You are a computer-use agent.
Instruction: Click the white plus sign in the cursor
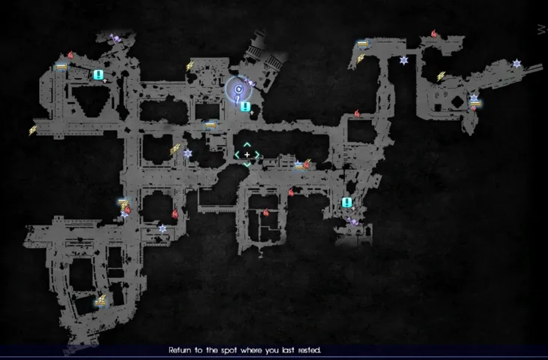247,155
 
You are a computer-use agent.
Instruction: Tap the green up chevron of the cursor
247,145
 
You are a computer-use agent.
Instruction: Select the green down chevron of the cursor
247,165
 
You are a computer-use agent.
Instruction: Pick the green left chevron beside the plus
238,155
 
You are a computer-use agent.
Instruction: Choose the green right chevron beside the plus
257,155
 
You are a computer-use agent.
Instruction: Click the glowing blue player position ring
238,89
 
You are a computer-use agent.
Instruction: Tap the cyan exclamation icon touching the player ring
246,107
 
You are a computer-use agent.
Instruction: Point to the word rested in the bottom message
310,350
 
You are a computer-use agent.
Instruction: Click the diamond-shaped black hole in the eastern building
458,102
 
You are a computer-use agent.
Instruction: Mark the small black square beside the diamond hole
437,107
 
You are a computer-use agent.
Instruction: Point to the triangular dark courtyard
92,100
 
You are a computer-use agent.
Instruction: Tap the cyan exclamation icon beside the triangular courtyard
98,74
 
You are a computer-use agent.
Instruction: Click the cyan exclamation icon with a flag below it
347,202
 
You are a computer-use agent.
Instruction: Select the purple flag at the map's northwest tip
115,38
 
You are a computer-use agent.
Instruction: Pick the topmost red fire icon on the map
434,34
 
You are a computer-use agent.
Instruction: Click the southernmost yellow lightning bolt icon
101,300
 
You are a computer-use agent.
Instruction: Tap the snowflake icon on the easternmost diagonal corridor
516,64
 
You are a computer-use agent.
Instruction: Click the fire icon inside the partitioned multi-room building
266,212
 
